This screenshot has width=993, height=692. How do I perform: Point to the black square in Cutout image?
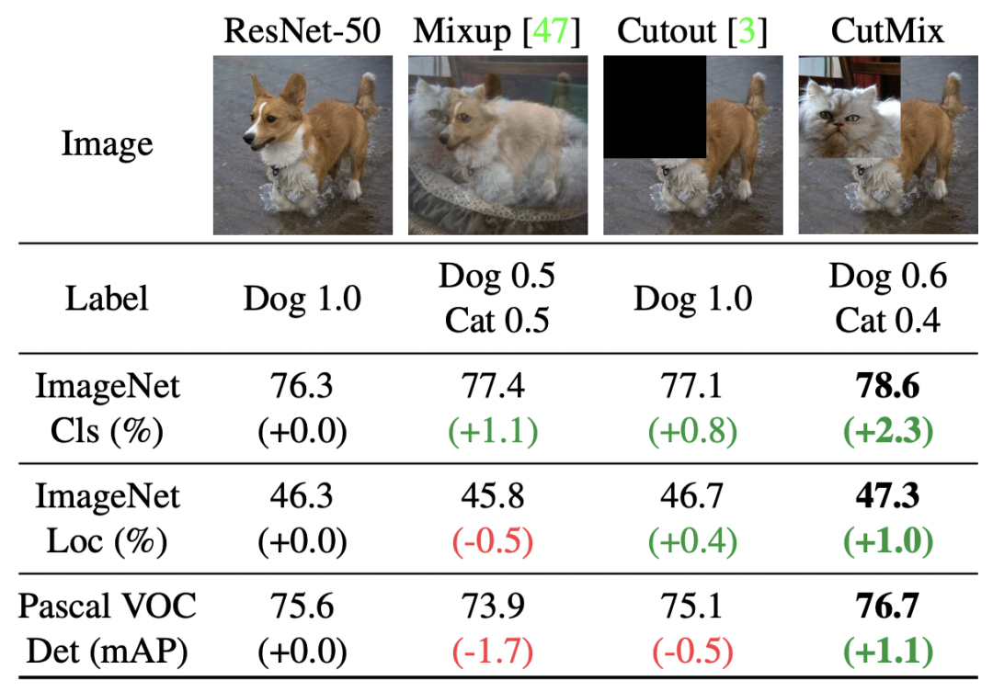[x=655, y=107]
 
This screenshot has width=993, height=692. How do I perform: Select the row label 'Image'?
[x=107, y=144]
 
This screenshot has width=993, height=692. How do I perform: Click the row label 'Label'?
[x=107, y=299]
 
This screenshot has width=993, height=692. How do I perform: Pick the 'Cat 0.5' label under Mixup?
[x=497, y=321]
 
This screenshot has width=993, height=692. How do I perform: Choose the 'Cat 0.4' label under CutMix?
[x=887, y=321]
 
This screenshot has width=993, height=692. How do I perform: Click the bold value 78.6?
[x=887, y=386]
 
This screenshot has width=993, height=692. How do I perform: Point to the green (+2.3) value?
[x=887, y=430]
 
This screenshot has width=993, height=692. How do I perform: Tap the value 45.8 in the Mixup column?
[x=497, y=497]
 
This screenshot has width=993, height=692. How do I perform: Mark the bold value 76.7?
[x=887, y=607]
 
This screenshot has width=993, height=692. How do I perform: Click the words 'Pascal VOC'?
[x=107, y=607]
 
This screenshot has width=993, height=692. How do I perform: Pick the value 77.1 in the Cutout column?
[x=692, y=386]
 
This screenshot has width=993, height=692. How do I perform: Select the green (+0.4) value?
[x=692, y=541]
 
